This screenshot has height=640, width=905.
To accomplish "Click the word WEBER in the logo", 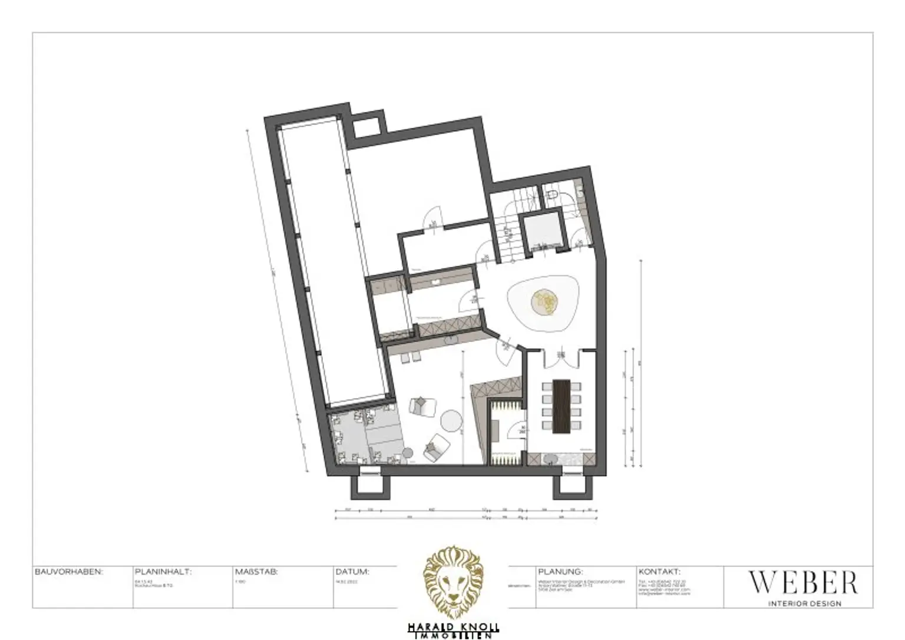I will tap(802, 583).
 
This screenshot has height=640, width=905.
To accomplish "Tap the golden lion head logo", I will tap(454, 582).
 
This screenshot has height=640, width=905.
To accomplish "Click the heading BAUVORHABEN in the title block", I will tap(69, 572).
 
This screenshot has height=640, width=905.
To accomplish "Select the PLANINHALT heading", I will tap(163, 572).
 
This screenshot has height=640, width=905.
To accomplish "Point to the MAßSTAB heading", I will tap(256, 572).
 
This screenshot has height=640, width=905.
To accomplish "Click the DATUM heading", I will tap(352, 572).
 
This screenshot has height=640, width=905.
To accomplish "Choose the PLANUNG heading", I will tap(560, 572).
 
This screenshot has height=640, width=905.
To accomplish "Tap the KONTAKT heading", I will tap(659, 572).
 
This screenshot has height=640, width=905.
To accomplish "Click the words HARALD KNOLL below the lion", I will tap(453, 628).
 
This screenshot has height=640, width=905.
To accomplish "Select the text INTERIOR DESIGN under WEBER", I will tap(805, 603).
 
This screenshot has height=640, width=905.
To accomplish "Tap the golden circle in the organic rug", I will tap(543, 302).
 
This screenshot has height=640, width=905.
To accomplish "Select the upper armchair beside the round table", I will tap(421, 406).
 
